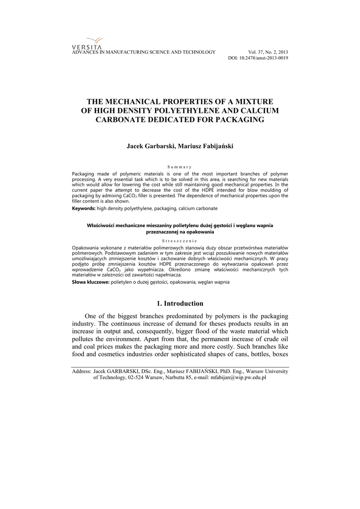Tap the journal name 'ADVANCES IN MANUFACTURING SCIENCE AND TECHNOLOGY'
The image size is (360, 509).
click(x=144, y=52)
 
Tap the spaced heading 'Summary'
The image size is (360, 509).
click(x=180, y=167)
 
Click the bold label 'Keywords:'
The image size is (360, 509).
click(x=84, y=208)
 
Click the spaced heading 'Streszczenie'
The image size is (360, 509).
click(x=180, y=241)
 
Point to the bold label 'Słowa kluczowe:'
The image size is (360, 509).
click(x=91, y=282)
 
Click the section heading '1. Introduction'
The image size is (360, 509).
click(x=180, y=303)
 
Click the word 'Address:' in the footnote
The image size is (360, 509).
click(x=82, y=371)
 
